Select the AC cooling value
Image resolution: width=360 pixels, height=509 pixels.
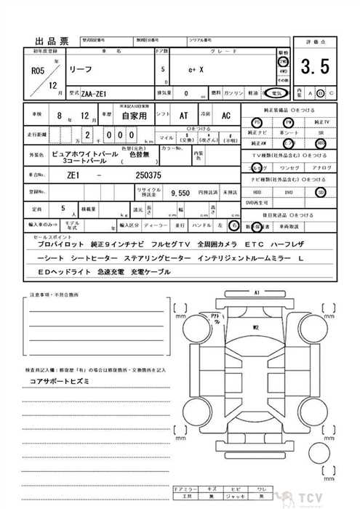click(x=225, y=115)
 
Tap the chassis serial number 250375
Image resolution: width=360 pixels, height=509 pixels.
click(x=148, y=175)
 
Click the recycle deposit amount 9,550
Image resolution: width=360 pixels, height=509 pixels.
click(x=180, y=193)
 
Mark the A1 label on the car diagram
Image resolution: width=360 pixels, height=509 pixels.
click(x=257, y=293)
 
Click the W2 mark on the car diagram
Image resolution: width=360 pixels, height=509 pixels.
click(x=257, y=329)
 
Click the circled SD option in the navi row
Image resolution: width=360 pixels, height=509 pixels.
click(x=320, y=192)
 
